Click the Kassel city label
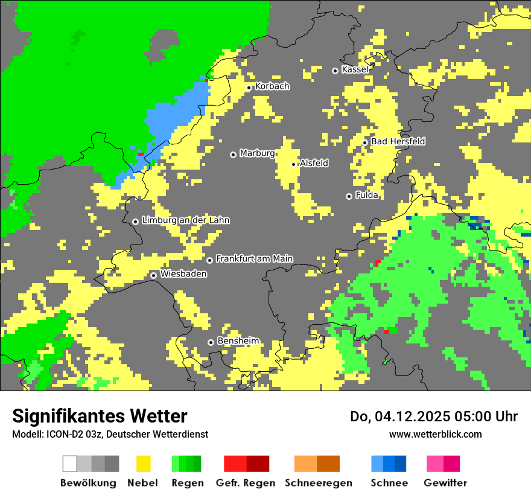355,69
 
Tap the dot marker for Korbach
249,88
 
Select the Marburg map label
257,153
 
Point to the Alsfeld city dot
294,164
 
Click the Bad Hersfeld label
398,141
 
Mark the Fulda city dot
349,196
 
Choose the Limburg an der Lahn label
185,220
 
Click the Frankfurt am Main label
254,259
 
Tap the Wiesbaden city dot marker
154,275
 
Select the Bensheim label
238,341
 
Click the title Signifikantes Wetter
100,416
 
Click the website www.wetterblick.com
435,434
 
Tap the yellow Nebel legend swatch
143,464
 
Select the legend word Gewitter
445,483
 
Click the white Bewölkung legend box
70,464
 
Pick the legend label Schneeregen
319,483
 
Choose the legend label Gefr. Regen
246,483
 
